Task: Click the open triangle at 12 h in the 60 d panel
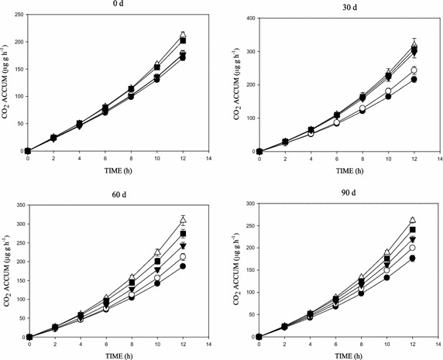[x=184, y=220]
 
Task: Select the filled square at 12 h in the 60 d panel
[x=184, y=234]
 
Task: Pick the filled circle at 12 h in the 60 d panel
[x=184, y=266]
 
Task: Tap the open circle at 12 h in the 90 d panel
[x=413, y=248]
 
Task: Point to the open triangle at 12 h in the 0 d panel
[x=183, y=35]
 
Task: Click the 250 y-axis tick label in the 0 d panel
[x=16, y=15]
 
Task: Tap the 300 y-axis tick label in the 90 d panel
[x=248, y=204]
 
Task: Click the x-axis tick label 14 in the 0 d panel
[x=209, y=158]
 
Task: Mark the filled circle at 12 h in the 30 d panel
[x=414, y=80]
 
